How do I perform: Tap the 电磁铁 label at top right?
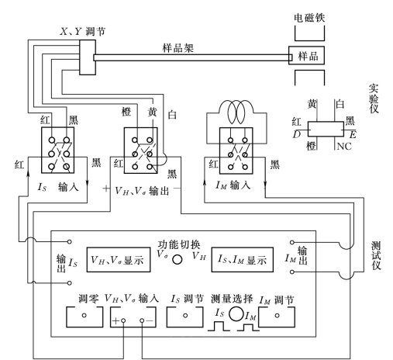(309, 18)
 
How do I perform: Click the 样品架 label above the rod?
(178, 48)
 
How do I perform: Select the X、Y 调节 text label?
(83, 32)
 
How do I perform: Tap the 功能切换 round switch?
(178, 259)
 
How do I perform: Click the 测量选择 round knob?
(236, 313)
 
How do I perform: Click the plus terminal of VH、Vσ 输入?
(123, 320)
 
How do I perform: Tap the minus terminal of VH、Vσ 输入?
(142, 320)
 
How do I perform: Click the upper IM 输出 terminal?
(292, 242)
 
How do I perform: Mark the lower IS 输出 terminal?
(69, 283)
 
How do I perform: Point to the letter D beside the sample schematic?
(297, 134)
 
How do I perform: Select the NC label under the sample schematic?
(344, 147)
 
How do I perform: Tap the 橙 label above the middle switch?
(126, 112)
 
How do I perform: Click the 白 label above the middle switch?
(172, 114)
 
